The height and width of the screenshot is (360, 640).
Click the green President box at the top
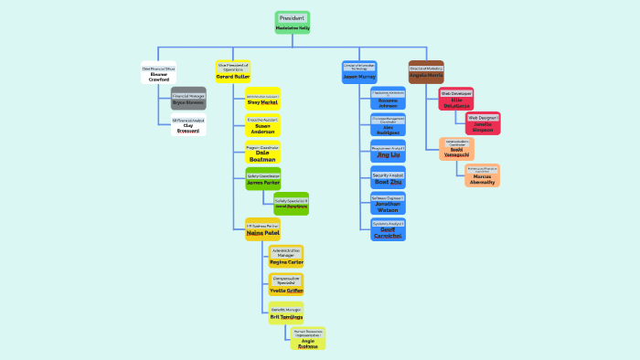click(x=293, y=23)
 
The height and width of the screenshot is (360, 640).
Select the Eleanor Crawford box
click(x=159, y=74)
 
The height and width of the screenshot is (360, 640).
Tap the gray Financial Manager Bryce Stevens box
click(x=188, y=99)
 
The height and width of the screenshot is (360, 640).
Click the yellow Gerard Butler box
click(x=233, y=72)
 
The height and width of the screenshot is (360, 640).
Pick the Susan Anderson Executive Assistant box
click(x=262, y=125)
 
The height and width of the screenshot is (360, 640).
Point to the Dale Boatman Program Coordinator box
click(x=262, y=153)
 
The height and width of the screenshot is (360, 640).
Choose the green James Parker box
click(x=262, y=178)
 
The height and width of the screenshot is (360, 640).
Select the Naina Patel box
click(x=262, y=229)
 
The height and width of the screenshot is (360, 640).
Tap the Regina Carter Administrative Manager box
click(x=286, y=256)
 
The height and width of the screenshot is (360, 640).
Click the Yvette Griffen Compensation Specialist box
click(x=286, y=284)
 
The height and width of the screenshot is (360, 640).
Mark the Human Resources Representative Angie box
click(x=308, y=338)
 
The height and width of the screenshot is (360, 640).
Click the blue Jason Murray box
click(x=359, y=73)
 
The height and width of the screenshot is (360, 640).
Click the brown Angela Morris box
click(x=426, y=72)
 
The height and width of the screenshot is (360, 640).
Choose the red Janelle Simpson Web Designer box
click(x=482, y=123)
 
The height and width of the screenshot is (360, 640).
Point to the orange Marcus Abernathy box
click(x=482, y=175)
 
